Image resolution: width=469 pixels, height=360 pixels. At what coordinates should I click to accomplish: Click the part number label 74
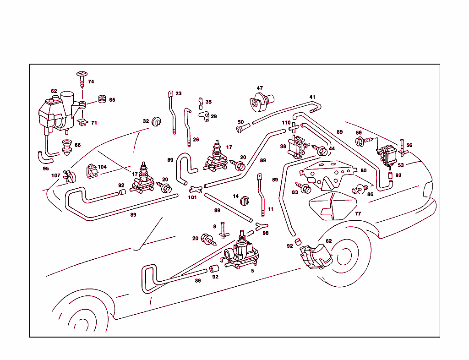click(91, 82)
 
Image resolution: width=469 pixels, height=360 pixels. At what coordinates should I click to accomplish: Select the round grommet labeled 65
click(102, 99)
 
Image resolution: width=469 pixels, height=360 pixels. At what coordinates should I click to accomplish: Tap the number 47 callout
click(260, 88)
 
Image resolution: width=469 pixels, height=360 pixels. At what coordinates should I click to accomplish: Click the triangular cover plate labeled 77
click(333, 206)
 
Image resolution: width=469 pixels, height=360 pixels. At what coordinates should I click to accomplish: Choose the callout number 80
click(363, 170)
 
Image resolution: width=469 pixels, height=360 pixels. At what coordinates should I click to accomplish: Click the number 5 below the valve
click(252, 271)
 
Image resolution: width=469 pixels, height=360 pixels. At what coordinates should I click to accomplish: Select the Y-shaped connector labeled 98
click(261, 225)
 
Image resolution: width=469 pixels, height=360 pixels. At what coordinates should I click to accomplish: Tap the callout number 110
click(286, 123)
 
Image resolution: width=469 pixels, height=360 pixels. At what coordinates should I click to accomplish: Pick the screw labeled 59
click(360, 142)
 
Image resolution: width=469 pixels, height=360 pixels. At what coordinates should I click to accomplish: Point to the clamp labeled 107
click(70, 174)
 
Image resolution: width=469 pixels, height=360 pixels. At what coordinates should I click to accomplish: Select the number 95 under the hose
click(45, 168)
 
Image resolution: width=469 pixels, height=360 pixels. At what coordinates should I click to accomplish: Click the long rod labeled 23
click(173, 112)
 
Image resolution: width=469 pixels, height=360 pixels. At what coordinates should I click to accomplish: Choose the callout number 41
click(312, 97)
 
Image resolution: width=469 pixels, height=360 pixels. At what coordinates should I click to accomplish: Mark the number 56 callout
click(409, 145)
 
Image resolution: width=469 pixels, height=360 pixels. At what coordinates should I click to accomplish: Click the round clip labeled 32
click(156, 121)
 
